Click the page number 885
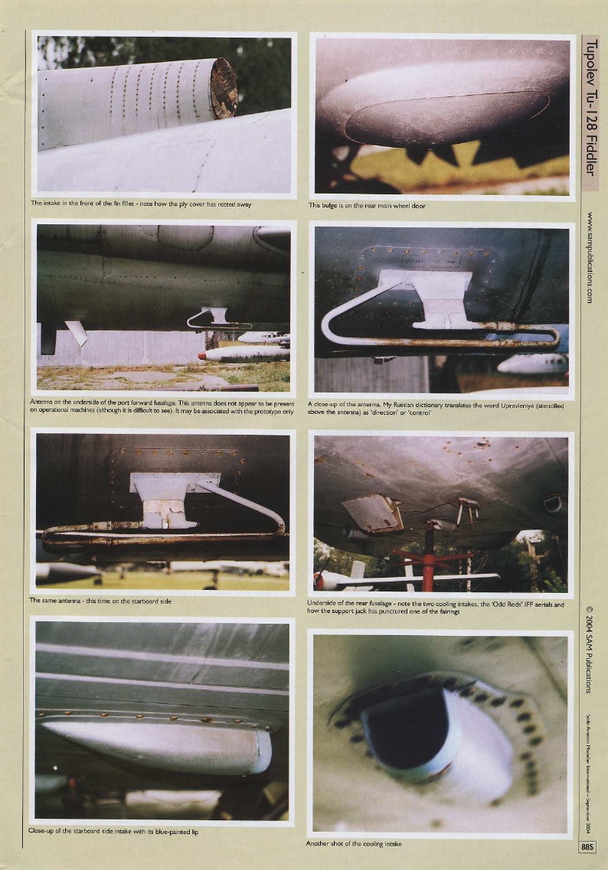587,847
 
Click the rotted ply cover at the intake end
224,87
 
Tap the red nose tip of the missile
202,355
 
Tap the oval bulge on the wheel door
446,117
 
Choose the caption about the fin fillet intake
141,204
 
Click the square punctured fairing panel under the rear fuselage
373,513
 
